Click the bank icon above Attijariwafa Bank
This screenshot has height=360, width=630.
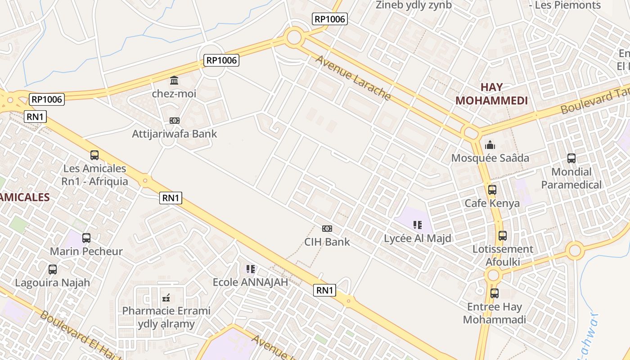tap(175, 121)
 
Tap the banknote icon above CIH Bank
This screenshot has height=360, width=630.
tap(327, 229)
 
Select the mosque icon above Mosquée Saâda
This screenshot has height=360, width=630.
tap(490, 145)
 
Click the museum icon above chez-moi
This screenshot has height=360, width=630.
tap(174, 81)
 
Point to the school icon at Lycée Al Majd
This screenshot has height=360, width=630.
tap(417, 225)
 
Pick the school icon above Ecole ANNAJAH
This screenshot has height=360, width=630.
tap(251, 269)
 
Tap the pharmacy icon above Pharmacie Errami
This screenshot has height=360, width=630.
tap(166, 297)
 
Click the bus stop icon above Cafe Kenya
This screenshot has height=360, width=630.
tap(492, 190)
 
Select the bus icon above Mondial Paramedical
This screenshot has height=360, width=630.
tap(571, 158)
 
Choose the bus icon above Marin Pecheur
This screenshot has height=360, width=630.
tap(86, 238)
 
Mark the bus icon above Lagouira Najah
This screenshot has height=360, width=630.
tap(53, 270)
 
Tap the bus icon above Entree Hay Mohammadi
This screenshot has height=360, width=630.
tap(495, 293)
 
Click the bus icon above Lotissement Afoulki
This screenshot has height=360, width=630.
tap(502, 236)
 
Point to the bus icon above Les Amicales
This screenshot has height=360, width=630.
tap(94, 155)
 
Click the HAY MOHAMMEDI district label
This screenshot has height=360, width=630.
tap(491, 94)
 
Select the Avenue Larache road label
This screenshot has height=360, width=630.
tap(353, 77)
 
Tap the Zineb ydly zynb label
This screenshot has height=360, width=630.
tap(414, 5)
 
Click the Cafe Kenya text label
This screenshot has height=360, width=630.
tap(492, 203)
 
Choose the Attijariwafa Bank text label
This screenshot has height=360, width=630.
tap(174, 134)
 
